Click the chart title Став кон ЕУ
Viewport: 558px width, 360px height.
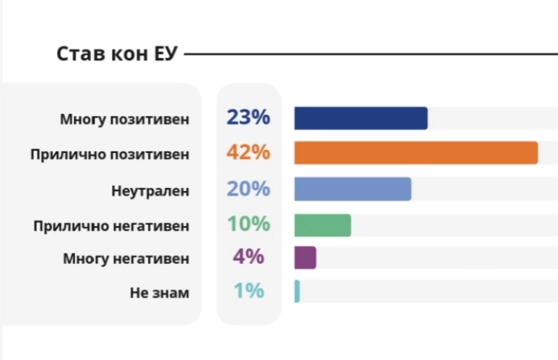[117, 55]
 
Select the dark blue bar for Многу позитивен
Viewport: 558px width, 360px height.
[361, 118]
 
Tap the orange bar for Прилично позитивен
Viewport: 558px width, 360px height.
[416, 153]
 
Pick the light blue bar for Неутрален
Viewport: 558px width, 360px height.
[352, 189]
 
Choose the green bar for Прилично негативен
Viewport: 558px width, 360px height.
[323, 225]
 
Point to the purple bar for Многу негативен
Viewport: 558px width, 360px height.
[305, 258]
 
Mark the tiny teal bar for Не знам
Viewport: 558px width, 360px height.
[297, 291]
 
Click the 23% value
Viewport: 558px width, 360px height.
[248, 118]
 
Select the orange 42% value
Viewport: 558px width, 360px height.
[248, 152]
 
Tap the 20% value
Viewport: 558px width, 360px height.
[248, 189]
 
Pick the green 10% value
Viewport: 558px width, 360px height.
[248, 224]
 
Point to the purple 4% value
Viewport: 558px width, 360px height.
[248, 257]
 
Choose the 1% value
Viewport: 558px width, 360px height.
[248, 291]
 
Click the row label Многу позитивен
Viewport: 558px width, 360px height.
[124, 120]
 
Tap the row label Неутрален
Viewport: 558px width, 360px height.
[150, 190]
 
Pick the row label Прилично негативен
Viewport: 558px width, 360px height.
[111, 226]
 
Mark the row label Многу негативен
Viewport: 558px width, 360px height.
[125, 259]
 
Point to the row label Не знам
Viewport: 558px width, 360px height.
[159, 293]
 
